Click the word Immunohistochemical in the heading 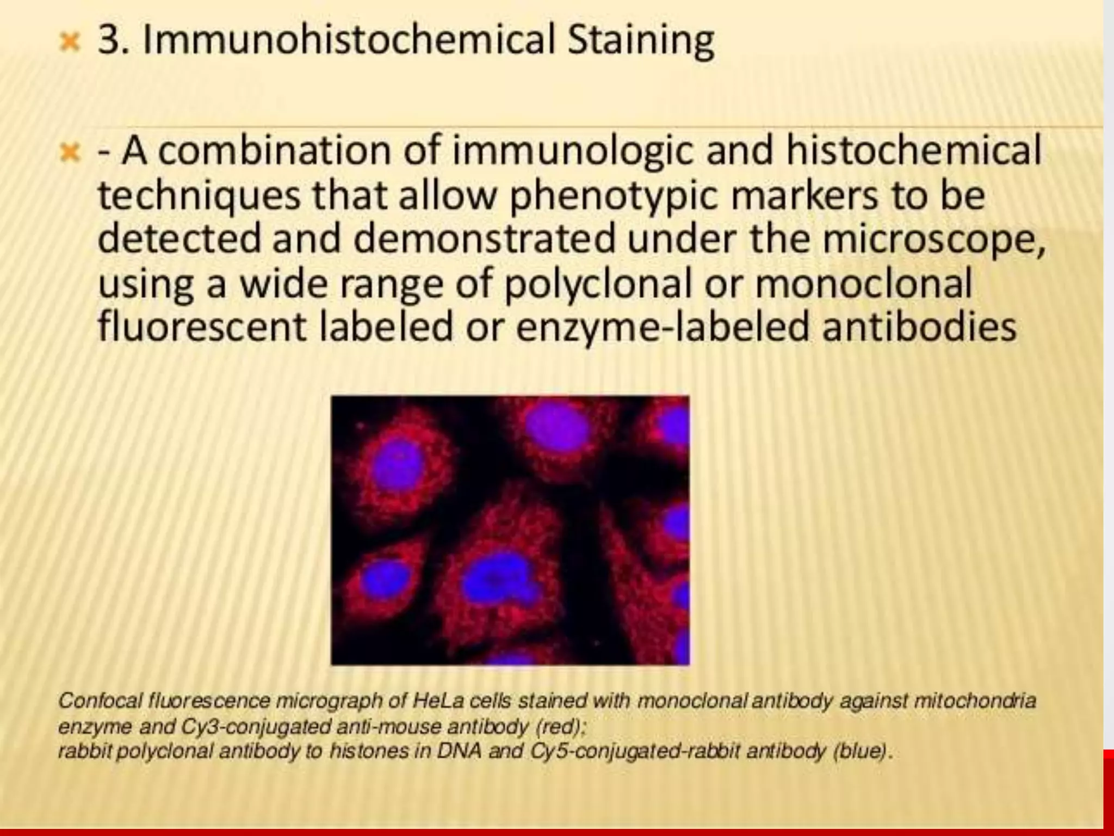pos(348,40)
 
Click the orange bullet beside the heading pos(70,41)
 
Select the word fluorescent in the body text pos(202,326)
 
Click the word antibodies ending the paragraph pos(919,326)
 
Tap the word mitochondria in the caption pos(975,700)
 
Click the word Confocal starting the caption pos(100,700)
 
